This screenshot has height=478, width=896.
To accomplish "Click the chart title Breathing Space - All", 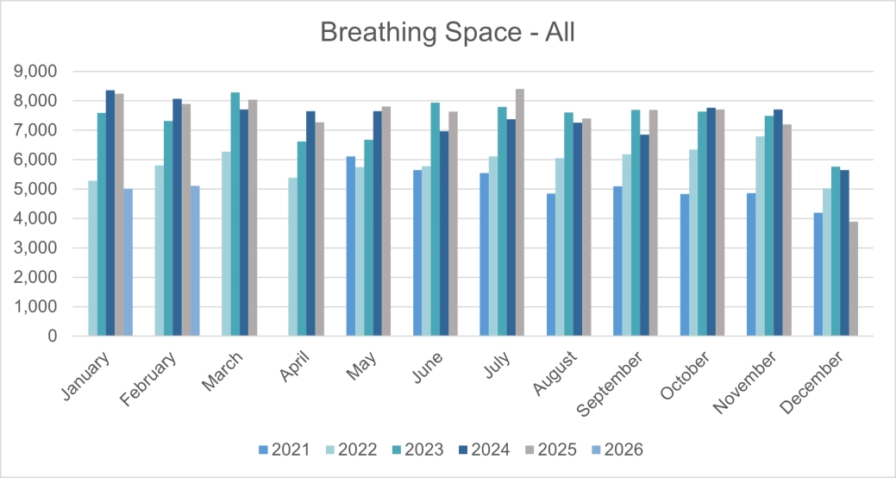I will (x=448, y=33).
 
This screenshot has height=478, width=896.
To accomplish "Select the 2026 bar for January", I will (x=128, y=262).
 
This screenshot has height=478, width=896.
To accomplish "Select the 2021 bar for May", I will (x=351, y=246).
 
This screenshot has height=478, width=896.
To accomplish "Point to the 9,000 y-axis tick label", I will (x=36, y=72).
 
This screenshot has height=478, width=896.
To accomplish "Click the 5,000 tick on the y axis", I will (x=36, y=189).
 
